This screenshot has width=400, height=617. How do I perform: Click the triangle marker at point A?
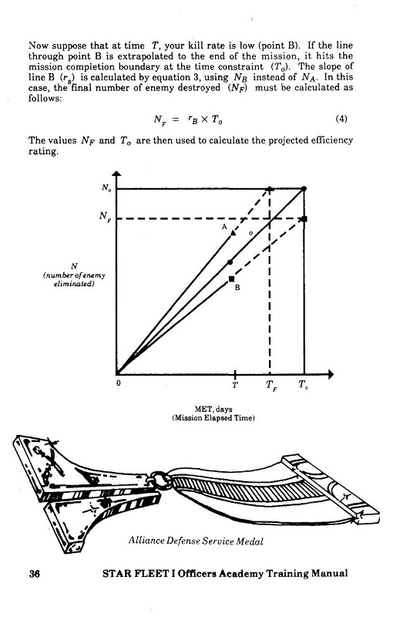(x=234, y=233)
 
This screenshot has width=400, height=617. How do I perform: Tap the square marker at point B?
(x=232, y=279)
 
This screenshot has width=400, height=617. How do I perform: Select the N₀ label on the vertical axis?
(x=106, y=187)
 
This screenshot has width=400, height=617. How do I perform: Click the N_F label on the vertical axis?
(x=105, y=217)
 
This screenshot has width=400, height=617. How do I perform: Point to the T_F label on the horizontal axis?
(x=271, y=385)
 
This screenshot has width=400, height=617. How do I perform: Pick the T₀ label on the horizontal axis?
(x=303, y=384)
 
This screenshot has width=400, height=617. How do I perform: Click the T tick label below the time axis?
(x=235, y=385)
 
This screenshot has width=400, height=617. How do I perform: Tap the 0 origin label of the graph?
(x=119, y=383)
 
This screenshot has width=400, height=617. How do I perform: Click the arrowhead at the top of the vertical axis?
(x=117, y=174)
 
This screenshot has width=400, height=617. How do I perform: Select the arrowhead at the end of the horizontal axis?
(x=331, y=374)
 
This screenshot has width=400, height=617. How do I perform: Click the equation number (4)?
(x=341, y=119)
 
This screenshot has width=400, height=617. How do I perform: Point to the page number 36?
(x=35, y=573)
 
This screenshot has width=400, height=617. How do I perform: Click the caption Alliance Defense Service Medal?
(x=196, y=541)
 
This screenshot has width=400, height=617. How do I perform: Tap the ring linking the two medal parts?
(x=160, y=479)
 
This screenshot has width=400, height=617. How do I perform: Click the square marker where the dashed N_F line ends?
(x=304, y=219)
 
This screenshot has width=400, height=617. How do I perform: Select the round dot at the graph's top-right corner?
(x=304, y=189)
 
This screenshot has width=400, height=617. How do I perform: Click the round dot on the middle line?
(x=230, y=262)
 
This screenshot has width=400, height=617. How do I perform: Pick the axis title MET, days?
(x=213, y=410)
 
